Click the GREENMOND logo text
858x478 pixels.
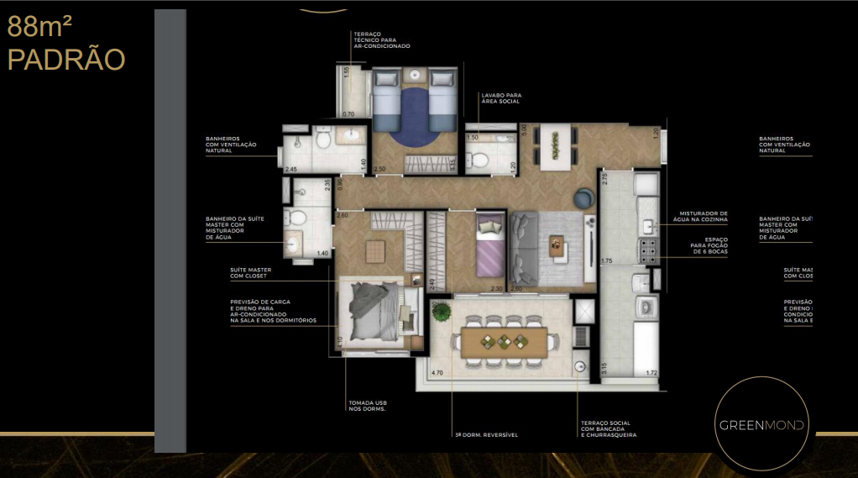pos(761,425)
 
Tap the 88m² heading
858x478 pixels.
pos(43,28)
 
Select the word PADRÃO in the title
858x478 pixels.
pos(65,60)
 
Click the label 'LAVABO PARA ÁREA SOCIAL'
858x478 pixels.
pos(500,98)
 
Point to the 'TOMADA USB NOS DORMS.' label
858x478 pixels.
pos(368,407)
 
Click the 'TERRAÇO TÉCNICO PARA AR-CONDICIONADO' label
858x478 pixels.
pos(382,39)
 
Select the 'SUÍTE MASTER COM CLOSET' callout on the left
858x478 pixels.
pos(249,273)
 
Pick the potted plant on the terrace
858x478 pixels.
pos(439,312)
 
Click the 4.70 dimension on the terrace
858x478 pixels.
pos(437,372)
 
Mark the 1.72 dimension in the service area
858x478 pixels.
pos(651,373)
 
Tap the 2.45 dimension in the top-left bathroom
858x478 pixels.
pos(290,170)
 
